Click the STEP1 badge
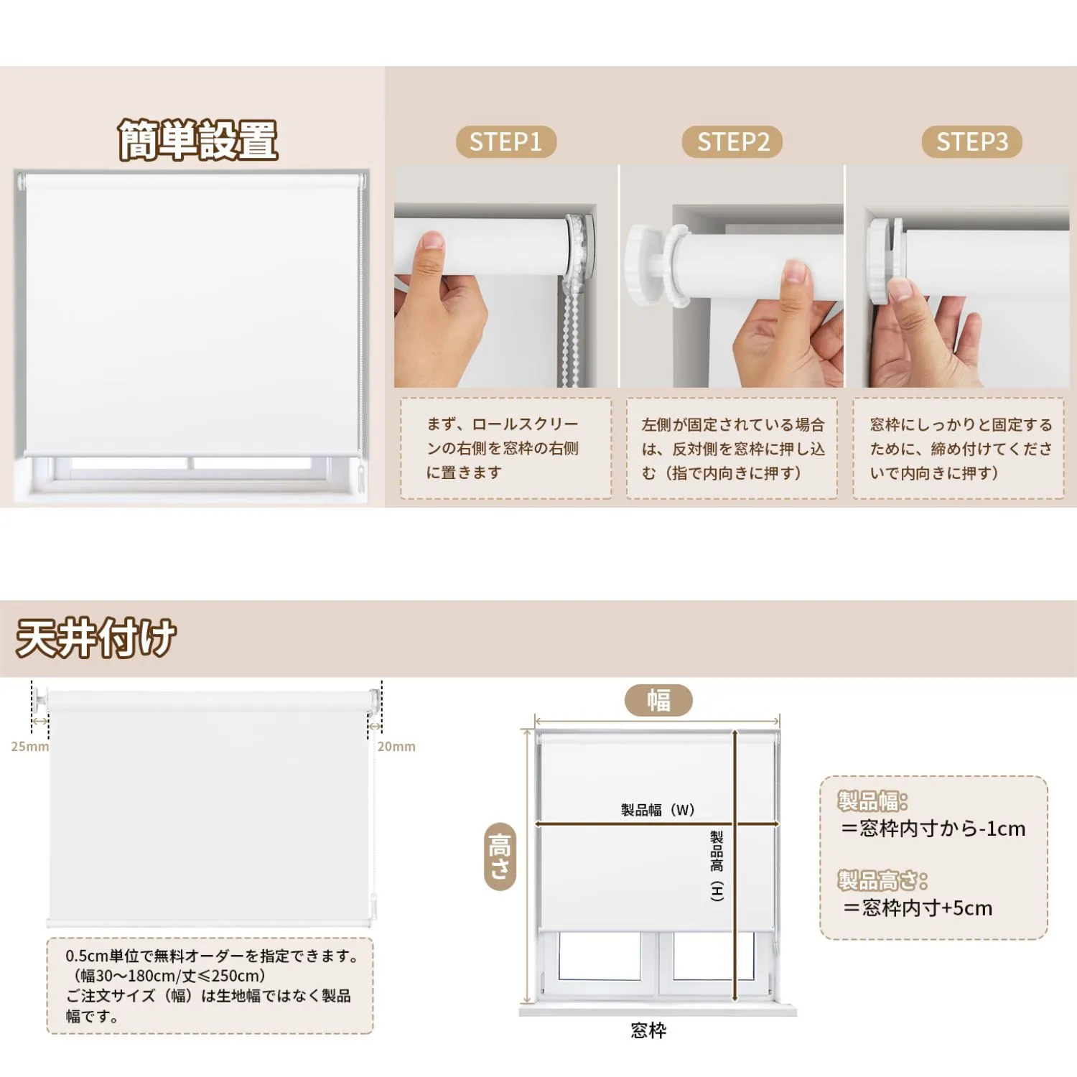(506, 142)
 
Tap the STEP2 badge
(732, 142)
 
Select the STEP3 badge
(972, 142)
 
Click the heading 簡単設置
(198, 140)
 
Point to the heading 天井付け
(96, 638)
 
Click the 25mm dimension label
(30, 747)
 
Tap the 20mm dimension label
(396, 747)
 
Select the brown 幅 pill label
(658, 700)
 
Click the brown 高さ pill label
(500, 857)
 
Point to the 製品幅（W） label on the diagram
(658, 810)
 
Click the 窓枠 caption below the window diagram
(648, 1031)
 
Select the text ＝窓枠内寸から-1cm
(933, 829)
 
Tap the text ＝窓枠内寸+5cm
(918, 908)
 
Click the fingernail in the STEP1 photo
(432, 240)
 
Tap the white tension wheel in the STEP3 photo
(883, 261)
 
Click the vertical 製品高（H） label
(717, 866)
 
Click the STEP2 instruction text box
(732, 448)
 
